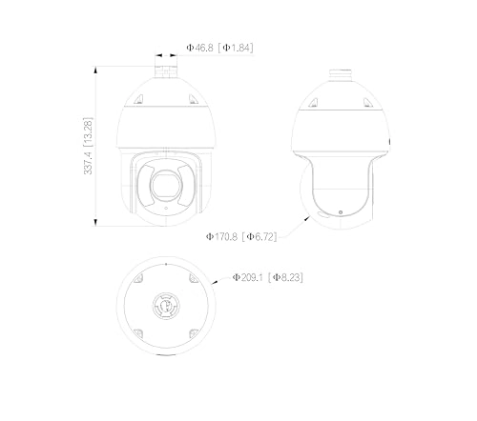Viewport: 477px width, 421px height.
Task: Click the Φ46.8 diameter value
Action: [201, 47]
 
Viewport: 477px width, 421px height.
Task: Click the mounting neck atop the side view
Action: [341, 74]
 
